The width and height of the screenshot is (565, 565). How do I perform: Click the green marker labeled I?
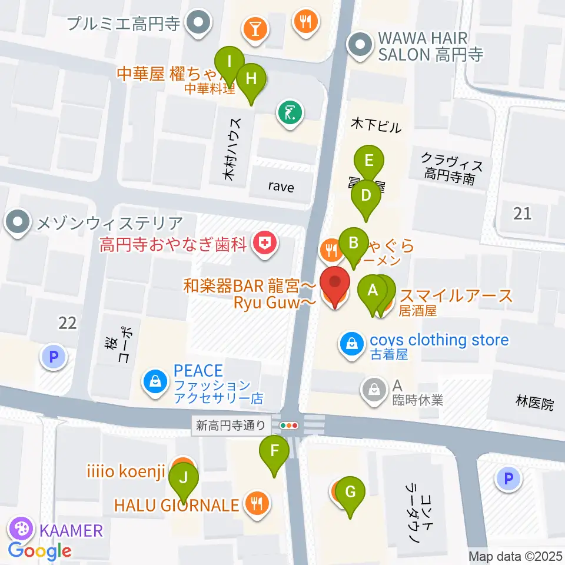pyautogui.click(x=229, y=61)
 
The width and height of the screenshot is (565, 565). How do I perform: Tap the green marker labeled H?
pyautogui.click(x=251, y=78)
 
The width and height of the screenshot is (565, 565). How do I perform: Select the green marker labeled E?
pyautogui.click(x=369, y=161)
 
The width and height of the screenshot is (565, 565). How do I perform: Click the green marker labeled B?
pyautogui.click(x=353, y=242)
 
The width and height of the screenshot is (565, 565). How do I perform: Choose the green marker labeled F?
pyautogui.click(x=274, y=452)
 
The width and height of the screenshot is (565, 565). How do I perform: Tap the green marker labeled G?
pyautogui.click(x=350, y=491)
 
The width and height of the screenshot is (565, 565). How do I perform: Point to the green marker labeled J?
pyautogui.click(x=184, y=477)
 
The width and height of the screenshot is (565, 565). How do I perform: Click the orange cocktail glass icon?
pyautogui.click(x=255, y=28)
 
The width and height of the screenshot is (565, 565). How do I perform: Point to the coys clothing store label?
pyautogui.click(x=439, y=340)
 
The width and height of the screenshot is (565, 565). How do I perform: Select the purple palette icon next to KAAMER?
pyautogui.click(x=22, y=530)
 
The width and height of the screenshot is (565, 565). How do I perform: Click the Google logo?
pyautogui.click(x=40, y=551)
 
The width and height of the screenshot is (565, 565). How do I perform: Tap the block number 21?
pyautogui.click(x=521, y=213)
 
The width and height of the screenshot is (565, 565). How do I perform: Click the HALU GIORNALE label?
pyautogui.click(x=177, y=504)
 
